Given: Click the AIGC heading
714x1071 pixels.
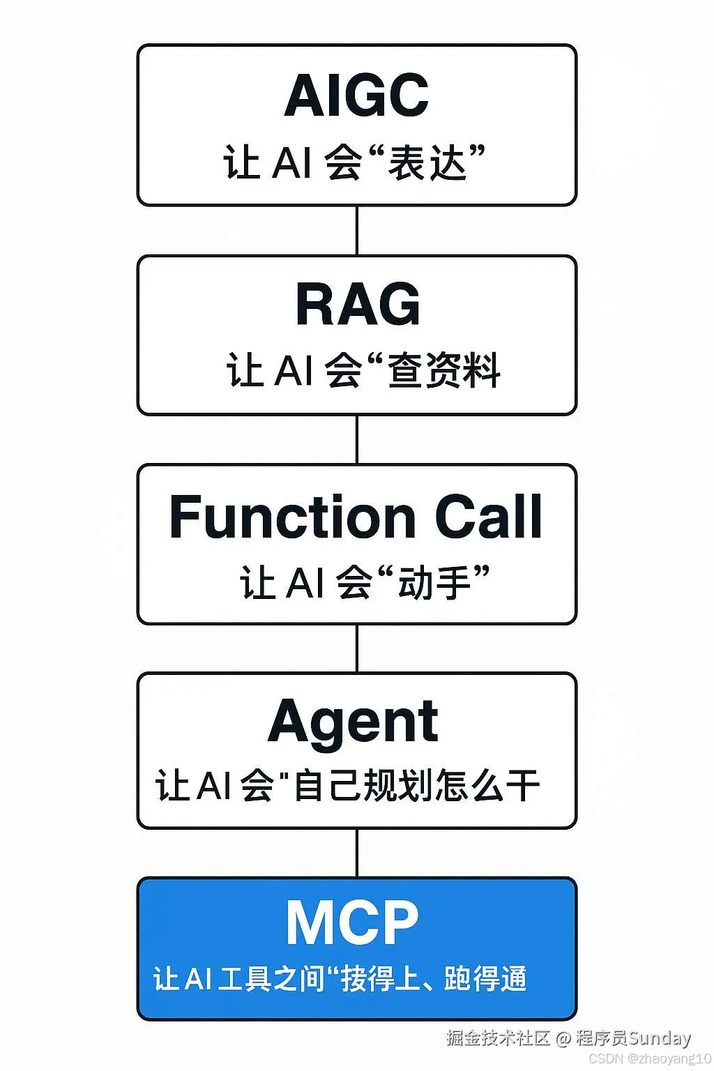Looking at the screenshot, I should [356, 96].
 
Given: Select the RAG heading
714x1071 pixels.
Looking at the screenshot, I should [358, 304].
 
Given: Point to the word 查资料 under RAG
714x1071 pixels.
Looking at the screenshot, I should [444, 370].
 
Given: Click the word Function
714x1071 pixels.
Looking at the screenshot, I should [293, 517].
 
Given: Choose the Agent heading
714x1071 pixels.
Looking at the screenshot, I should [353, 722].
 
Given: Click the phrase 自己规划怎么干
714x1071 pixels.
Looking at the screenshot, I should [417, 786].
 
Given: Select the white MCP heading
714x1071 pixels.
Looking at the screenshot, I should [352, 922].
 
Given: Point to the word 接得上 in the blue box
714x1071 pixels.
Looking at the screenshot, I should [380, 979].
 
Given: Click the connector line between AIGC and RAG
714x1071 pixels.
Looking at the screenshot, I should [357, 231].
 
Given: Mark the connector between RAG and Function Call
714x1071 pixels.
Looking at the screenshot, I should [357, 439].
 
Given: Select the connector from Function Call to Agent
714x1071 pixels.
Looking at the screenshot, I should [357, 648].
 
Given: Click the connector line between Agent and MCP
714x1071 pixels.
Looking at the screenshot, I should [357, 853].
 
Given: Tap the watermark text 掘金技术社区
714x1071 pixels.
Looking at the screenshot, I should [498, 1038].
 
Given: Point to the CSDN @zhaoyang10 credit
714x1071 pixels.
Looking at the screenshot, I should [650, 1058].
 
